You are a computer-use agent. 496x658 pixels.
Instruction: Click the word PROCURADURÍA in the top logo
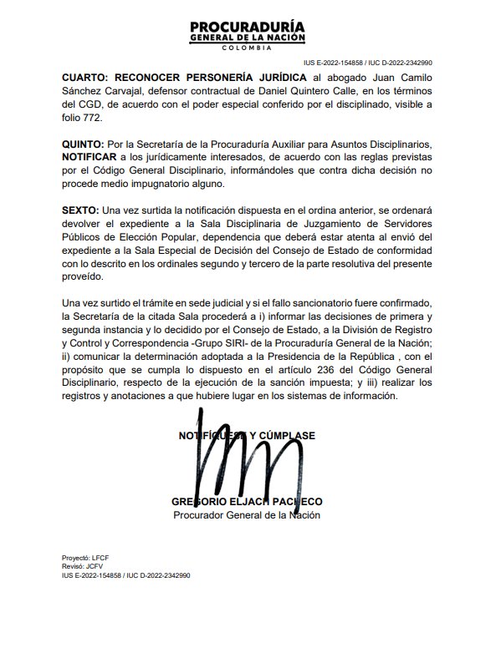[248, 26]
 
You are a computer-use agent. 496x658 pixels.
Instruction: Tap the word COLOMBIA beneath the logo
[248, 49]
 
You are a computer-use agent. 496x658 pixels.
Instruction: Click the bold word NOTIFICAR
[95, 157]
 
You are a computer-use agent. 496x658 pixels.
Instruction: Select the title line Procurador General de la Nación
[247, 515]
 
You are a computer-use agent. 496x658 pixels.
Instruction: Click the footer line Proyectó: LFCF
[88, 556]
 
